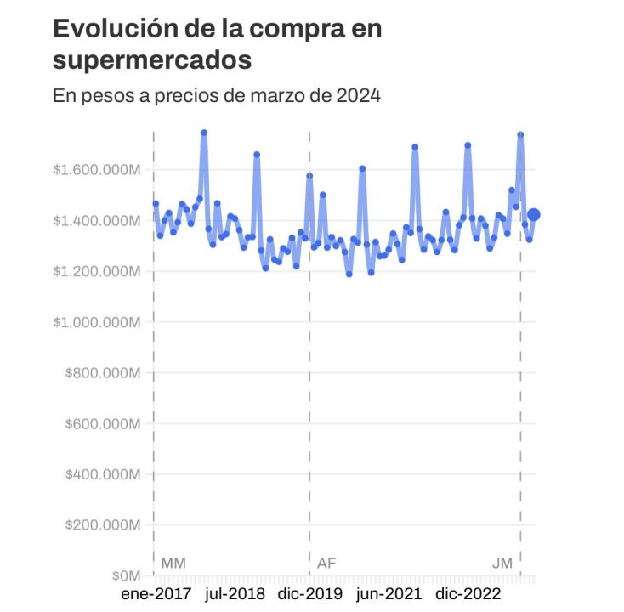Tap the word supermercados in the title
pyautogui.click(x=153, y=60)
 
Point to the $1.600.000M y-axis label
pyautogui.click(x=96, y=170)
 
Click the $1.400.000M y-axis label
pyautogui.click(x=96, y=221)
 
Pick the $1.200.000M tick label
pyautogui.click(x=96, y=272)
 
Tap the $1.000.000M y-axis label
pyautogui.click(x=96, y=322)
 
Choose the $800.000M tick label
pyautogui.click(x=102, y=373)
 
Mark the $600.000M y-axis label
pyautogui.click(x=102, y=423)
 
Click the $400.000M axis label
pyautogui.click(x=102, y=474)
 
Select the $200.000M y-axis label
pyautogui.click(x=102, y=525)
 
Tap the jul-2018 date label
pyautogui.click(x=235, y=593)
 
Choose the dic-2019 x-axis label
pyautogui.click(x=311, y=593)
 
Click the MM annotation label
pyautogui.click(x=173, y=563)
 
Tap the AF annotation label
pyautogui.click(x=326, y=563)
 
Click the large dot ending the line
pyautogui.click(x=534, y=215)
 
